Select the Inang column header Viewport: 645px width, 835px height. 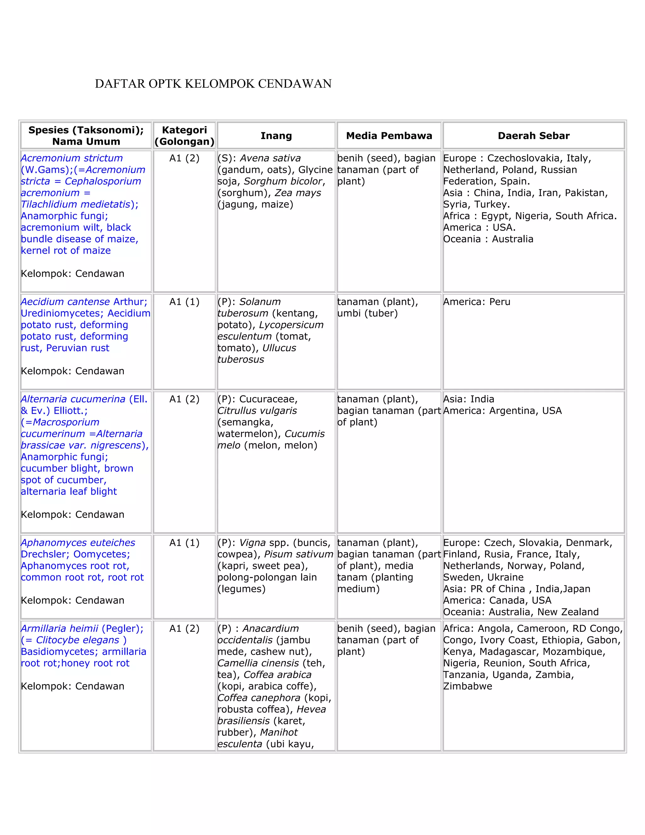pyautogui.click(x=276, y=136)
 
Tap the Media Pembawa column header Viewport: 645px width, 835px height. pyautogui.click(x=389, y=136)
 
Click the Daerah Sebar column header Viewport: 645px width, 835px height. pyautogui.click(x=533, y=136)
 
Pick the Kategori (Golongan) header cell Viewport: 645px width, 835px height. pyautogui.click(x=184, y=136)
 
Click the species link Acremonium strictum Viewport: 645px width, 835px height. pyautogui.click(x=71, y=158)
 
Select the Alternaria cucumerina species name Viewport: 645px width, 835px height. pyautogui.click(x=73, y=399)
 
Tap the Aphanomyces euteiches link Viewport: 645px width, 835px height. pyautogui.click(x=77, y=543)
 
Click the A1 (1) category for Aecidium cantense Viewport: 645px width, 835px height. pyautogui.click(x=184, y=302)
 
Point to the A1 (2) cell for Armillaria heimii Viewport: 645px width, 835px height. pyautogui.click(x=184, y=629)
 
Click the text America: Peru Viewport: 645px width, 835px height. pyautogui.click(x=477, y=302)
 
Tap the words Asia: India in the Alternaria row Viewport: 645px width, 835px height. pyautogui.click(x=468, y=399)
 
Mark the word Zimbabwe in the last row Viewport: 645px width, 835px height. pyautogui.click(x=467, y=686)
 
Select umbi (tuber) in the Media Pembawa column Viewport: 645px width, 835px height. pyautogui.click(x=367, y=313)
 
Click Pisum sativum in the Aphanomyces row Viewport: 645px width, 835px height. pyautogui.click(x=299, y=554)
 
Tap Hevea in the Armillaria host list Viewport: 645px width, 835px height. pyautogui.click(x=311, y=709)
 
